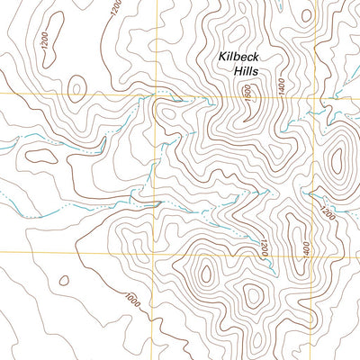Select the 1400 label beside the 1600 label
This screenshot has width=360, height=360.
point(282,86)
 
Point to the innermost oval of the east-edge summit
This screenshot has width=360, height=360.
point(338,160)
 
